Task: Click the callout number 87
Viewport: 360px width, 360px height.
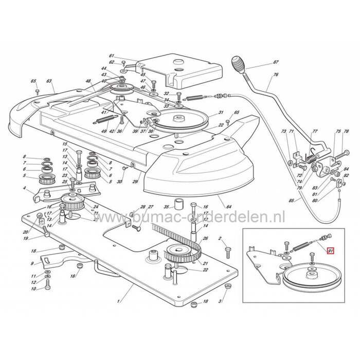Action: (x=276, y=62)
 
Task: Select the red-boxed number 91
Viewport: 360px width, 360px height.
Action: (x=331, y=252)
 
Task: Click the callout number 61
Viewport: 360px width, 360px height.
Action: (x=111, y=56)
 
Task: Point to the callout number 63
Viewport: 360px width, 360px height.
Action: (x=49, y=81)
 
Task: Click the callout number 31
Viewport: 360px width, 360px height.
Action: (x=221, y=113)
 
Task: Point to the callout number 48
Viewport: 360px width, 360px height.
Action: (x=88, y=81)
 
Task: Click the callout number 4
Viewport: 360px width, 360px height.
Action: (x=24, y=188)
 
